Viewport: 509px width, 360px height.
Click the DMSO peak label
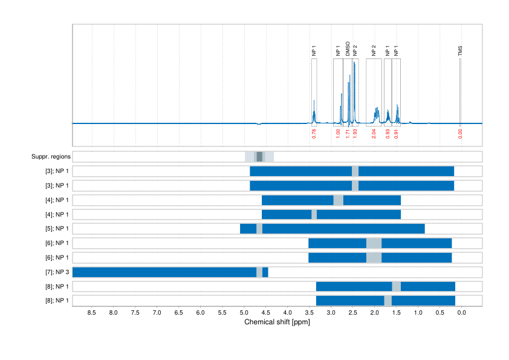pos(348,49)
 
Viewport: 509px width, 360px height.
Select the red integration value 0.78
pos(314,134)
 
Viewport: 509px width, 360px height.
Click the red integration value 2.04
pos(374,134)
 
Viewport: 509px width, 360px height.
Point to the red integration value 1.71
pos(348,134)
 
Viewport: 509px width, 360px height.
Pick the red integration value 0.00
pos(460,134)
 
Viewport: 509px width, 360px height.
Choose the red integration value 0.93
pos(387,134)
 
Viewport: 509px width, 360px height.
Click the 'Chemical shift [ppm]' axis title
pos(277,322)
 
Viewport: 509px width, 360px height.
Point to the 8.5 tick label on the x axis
pos(92,313)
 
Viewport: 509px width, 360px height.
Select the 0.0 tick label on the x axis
pos(461,313)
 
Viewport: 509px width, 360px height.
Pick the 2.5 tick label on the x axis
pos(352,313)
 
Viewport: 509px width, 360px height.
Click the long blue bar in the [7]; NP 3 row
pos(163,272)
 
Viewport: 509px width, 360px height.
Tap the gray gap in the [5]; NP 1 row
pos(259,229)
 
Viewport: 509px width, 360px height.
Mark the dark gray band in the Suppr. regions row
pos(259,157)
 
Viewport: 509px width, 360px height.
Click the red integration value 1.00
pos(338,134)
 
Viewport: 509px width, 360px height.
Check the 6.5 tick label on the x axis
pos(179,313)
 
